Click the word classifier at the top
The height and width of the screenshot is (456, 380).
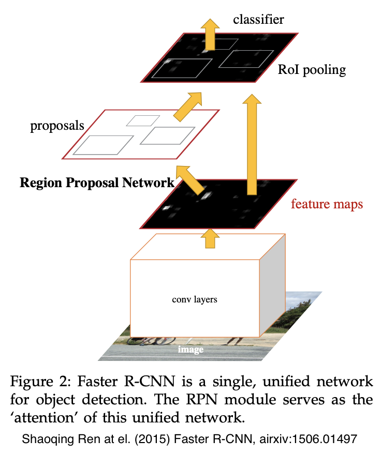258,20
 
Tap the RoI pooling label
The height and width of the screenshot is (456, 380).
312,69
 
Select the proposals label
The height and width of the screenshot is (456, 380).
57,126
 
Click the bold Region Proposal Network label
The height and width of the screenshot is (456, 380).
97,183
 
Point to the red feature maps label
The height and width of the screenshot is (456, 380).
327,204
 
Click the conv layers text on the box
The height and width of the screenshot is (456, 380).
194,299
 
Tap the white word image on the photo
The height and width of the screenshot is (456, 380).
191,349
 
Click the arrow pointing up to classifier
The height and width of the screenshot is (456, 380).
210,33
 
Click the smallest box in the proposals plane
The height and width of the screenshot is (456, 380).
143,120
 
